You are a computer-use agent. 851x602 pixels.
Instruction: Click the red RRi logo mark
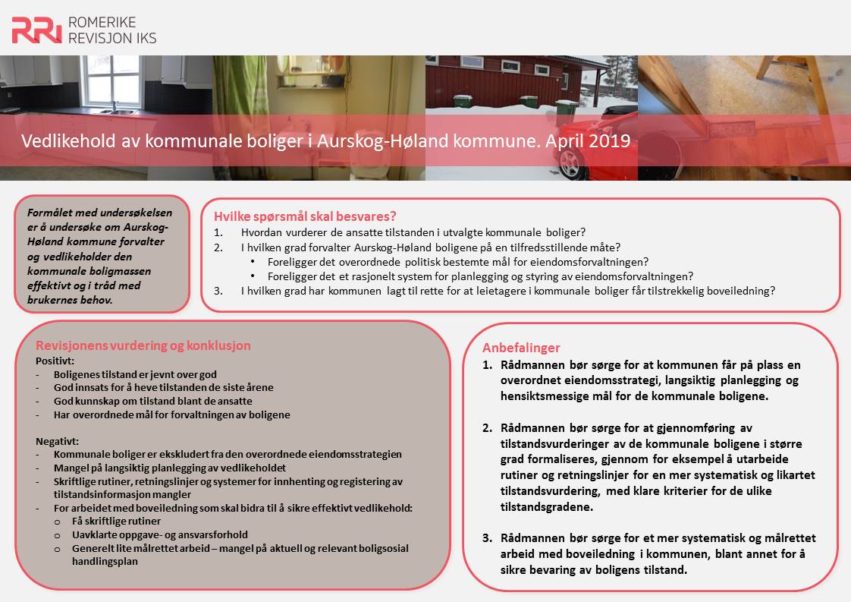[x=36, y=30]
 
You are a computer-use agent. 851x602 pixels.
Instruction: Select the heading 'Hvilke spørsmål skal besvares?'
[x=305, y=215]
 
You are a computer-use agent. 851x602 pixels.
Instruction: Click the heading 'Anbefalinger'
[x=521, y=347]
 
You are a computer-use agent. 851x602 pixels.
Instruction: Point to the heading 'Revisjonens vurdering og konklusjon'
[x=143, y=345]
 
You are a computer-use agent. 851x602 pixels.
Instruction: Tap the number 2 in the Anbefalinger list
[x=488, y=428]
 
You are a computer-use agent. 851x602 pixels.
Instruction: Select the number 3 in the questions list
[x=218, y=290]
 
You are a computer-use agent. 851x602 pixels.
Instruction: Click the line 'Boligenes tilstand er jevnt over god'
[x=135, y=374]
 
